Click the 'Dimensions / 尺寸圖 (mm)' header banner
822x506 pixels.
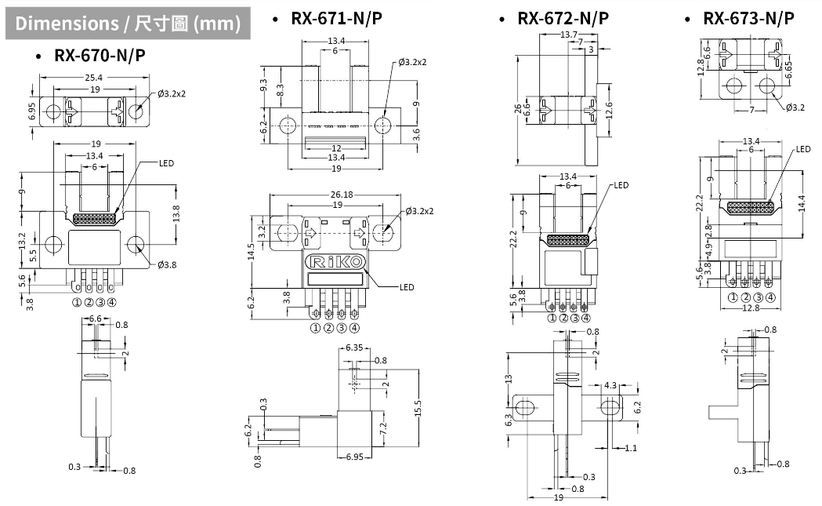[x=128, y=24]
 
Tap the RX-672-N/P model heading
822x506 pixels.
[x=563, y=18]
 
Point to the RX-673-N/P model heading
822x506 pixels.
[x=748, y=18]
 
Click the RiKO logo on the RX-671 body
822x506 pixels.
[x=335, y=261]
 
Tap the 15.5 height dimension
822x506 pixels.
[x=418, y=408]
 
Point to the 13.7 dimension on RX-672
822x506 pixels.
[x=570, y=35]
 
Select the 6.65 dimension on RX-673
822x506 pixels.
[x=789, y=69]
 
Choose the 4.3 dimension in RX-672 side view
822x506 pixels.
[x=610, y=385]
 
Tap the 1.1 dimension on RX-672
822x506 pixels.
[x=631, y=448]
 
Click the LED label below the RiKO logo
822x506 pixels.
[x=406, y=287]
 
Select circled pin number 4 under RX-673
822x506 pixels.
[x=771, y=297]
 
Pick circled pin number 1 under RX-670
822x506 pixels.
[x=77, y=302]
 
